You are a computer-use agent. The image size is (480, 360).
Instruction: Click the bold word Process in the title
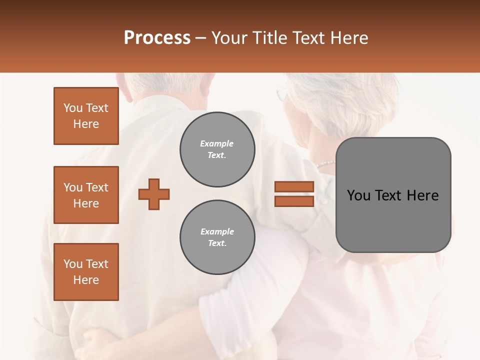click(157, 38)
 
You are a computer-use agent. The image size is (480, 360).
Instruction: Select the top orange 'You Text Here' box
click(86, 116)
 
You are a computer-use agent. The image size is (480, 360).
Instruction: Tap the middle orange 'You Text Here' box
click(86, 195)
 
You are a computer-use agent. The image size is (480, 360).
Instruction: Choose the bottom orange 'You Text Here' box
click(86, 272)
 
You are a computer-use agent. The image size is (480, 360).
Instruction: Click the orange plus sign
click(154, 194)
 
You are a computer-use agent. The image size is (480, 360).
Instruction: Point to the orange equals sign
click(294, 194)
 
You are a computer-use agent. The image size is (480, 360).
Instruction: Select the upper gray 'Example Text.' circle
click(217, 149)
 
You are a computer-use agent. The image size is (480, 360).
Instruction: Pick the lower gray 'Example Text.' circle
click(217, 237)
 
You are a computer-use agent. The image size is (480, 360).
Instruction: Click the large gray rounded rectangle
click(393, 195)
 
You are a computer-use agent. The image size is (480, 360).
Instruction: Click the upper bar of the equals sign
click(294, 187)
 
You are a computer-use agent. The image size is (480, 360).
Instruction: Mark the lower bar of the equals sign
click(294, 201)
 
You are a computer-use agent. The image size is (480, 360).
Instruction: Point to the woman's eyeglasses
click(282, 93)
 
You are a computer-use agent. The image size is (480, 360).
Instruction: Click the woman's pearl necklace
click(325, 163)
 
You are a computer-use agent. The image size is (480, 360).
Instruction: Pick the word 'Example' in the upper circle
click(217, 144)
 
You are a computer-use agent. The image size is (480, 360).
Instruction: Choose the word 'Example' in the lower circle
click(217, 232)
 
